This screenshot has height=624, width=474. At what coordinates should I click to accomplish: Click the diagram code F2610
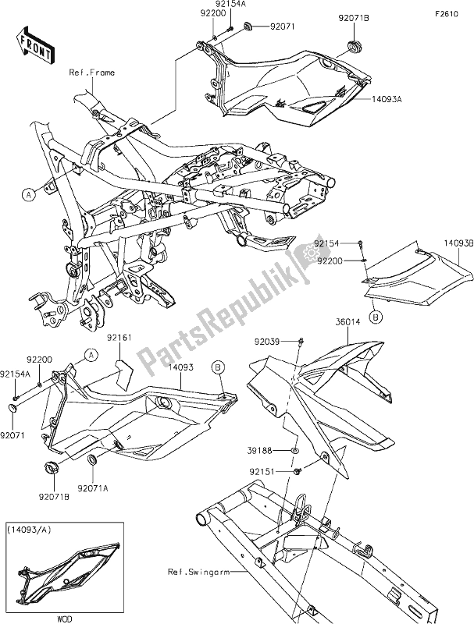click(x=448, y=14)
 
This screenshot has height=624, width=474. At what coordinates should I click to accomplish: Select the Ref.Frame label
click(x=93, y=73)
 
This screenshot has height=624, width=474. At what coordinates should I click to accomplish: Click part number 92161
click(x=122, y=338)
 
